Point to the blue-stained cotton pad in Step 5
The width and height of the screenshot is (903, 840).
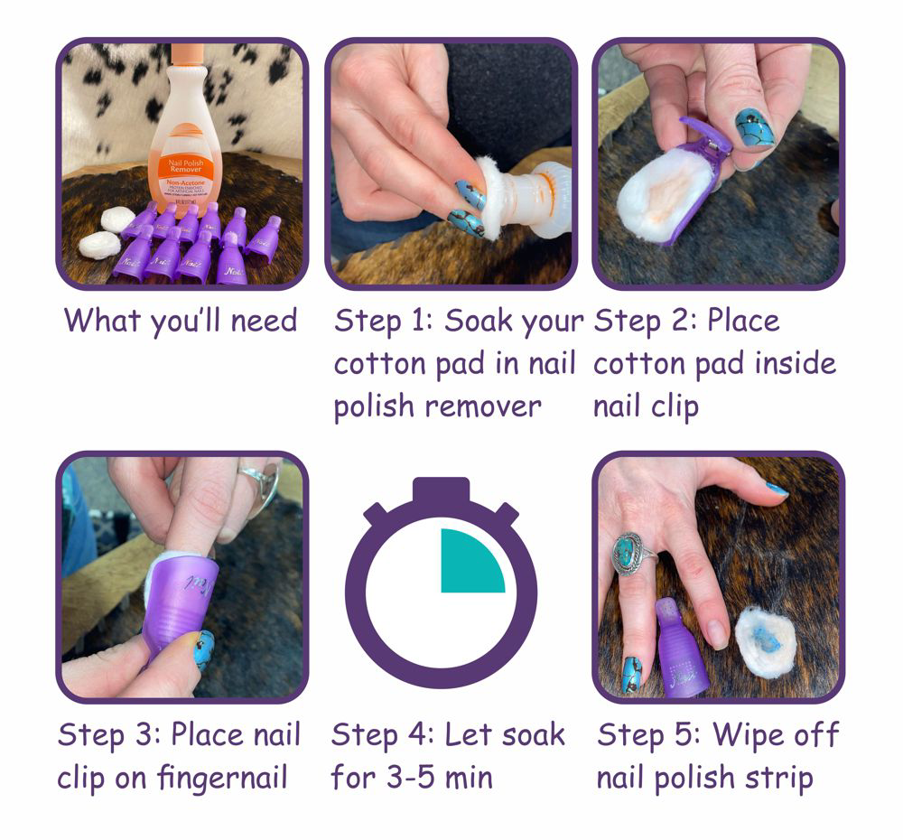pos(766,641)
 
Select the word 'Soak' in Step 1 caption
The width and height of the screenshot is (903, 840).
pos(485,320)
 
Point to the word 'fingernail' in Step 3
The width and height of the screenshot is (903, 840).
pos(222,779)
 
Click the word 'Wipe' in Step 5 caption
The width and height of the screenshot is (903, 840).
pos(747,734)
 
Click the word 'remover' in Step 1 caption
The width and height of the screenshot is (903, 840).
pos(483,406)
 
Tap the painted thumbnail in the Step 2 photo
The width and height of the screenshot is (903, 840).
pos(755,128)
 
